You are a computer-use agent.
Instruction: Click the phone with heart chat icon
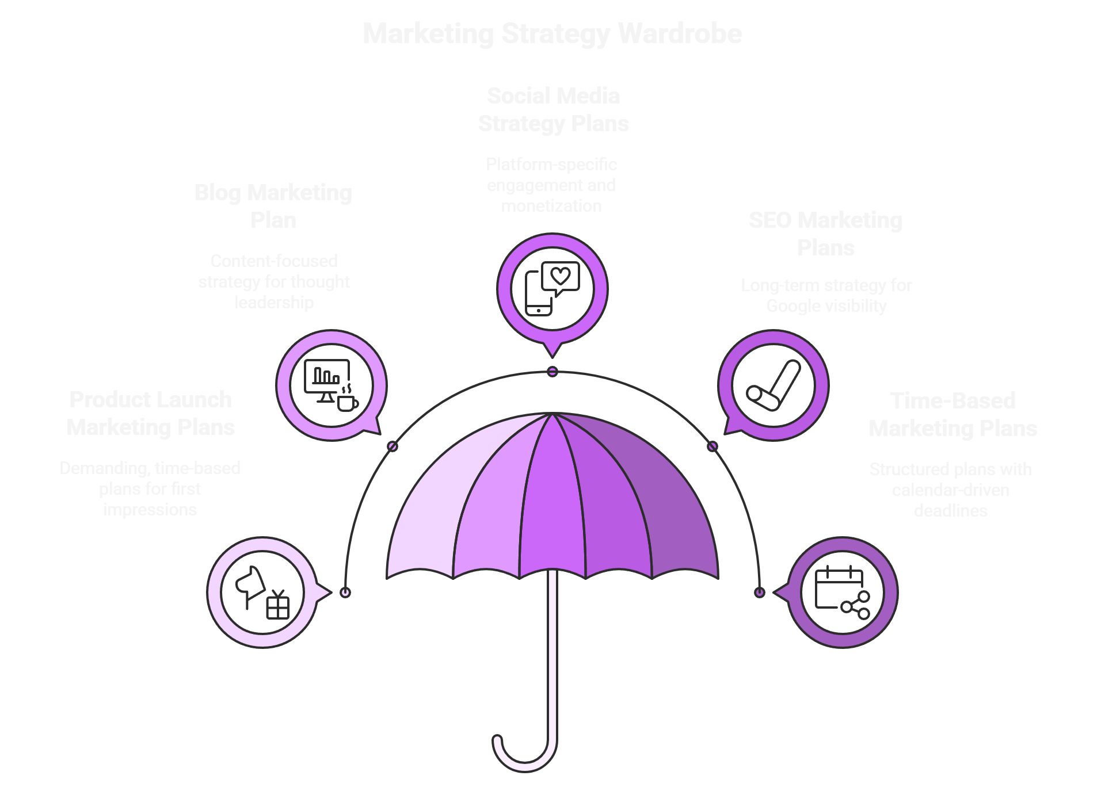pyautogui.click(x=552, y=288)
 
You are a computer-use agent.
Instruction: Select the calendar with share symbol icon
pyautogui.click(x=842, y=593)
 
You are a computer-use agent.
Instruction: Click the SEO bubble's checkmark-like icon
pyautogui.click(x=773, y=385)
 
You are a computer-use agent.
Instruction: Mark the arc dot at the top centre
pyautogui.click(x=552, y=372)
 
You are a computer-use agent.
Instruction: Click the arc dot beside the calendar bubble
pyautogui.click(x=760, y=593)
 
